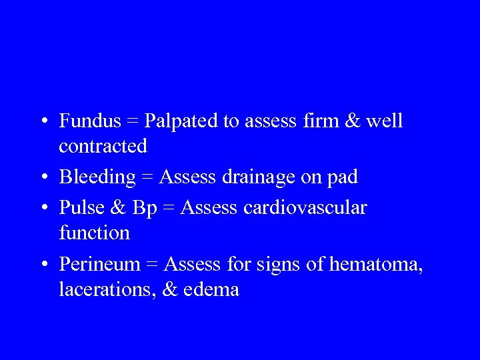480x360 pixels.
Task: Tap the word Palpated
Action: click(x=181, y=121)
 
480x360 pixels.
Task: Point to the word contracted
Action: click(x=103, y=146)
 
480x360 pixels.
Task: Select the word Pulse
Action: click(x=81, y=208)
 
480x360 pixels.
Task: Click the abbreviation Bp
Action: click(x=144, y=208)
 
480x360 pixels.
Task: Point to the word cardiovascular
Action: click(x=305, y=208)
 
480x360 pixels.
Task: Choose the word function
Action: click(x=94, y=233)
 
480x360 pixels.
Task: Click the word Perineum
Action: click(x=100, y=265)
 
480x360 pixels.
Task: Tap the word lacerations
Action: click(x=101, y=290)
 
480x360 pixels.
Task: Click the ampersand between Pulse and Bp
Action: click(x=118, y=208)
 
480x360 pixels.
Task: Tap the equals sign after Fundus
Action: click(x=133, y=122)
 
